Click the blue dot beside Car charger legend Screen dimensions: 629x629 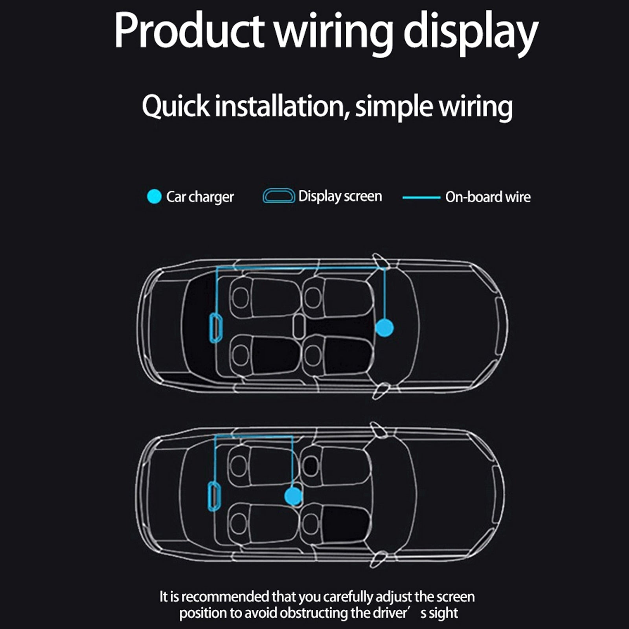tap(154, 197)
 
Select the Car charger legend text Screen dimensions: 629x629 tap(200, 197)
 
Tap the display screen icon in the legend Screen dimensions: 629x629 tap(279, 196)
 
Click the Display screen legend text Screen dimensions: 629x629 tap(340, 196)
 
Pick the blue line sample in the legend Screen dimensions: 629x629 tap(421, 197)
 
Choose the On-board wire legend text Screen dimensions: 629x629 tap(488, 197)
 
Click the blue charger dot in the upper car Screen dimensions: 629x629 tap(384, 327)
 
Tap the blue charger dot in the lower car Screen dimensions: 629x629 tap(293, 496)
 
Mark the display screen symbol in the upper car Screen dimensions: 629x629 tap(215, 327)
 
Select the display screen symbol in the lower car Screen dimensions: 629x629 tap(214, 496)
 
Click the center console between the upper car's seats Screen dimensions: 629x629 tap(299, 326)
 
